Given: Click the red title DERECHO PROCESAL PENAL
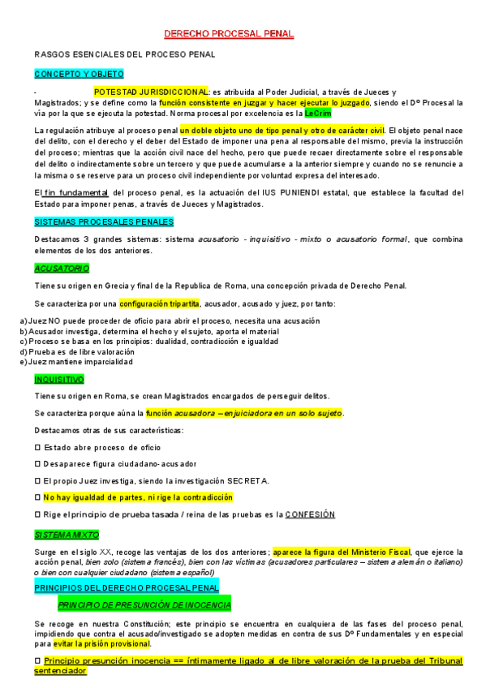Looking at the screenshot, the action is click(x=229, y=34).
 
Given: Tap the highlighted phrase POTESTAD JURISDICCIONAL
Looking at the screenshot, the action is click(x=152, y=92).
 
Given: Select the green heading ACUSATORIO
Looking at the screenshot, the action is click(x=62, y=268).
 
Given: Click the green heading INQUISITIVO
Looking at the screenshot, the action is click(x=59, y=379).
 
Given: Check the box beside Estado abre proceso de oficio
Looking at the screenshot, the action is click(x=37, y=447).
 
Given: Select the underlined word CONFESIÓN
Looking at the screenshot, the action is click(x=310, y=514).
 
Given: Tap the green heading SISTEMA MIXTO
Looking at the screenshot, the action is click(x=67, y=535).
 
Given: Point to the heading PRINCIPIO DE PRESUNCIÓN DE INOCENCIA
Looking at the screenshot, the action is click(x=144, y=605).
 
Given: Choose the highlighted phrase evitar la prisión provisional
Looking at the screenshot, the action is click(x=99, y=643).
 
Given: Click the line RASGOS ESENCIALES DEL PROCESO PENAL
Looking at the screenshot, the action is click(x=124, y=54).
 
